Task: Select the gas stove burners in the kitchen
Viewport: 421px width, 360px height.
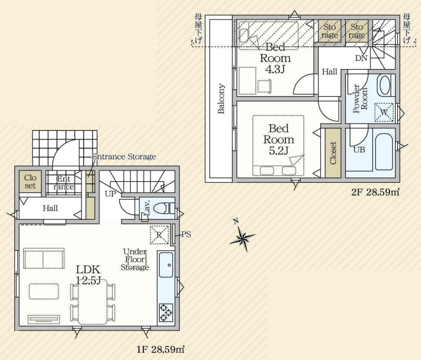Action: [x=165, y=313]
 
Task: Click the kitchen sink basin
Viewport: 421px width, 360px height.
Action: [x=166, y=265]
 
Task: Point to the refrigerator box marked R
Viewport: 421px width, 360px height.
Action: [x=159, y=235]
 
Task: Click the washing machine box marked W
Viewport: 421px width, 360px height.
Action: [x=384, y=113]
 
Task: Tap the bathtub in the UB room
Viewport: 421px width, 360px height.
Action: [x=384, y=151]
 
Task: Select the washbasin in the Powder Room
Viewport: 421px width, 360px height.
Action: [x=384, y=85]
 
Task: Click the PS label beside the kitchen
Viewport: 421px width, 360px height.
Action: [x=186, y=234]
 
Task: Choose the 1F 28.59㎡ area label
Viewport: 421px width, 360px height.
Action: [x=161, y=349]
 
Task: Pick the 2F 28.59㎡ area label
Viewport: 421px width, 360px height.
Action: [x=375, y=192]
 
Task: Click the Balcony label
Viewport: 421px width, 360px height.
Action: [x=221, y=98]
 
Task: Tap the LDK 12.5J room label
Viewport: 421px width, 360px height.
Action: [x=88, y=275]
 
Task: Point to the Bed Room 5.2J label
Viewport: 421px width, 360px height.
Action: [x=279, y=140]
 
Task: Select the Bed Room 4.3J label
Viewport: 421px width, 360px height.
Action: [x=275, y=58]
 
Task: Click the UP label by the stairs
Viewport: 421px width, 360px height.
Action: [x=110, y=194]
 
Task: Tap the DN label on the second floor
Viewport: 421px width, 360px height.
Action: [x=361, y=58]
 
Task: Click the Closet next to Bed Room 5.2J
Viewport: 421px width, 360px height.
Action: [x=333, y=153]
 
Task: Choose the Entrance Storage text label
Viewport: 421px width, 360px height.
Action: [x=124, y=157]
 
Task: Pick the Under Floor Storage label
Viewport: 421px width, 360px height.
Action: [x=135, y=260]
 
